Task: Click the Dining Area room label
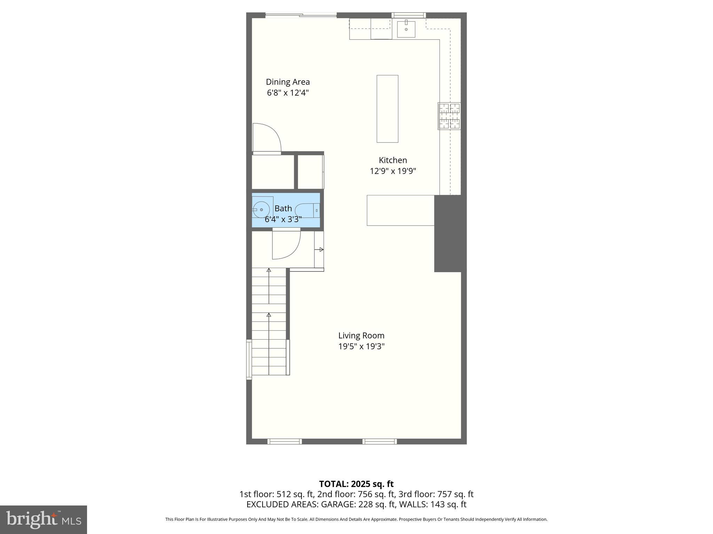point(288,82)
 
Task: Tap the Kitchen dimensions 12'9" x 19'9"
point(393,171)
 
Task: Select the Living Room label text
point(361,335)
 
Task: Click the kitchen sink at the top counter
point(406,29)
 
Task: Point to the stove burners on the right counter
point(449,116)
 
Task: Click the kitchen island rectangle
point(387,109)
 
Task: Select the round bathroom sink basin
point(261,210)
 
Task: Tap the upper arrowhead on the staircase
point(269,270)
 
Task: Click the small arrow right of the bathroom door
point(321,250)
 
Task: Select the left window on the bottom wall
point(284,442)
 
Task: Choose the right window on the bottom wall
point(379,442)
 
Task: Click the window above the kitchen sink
point(409,15)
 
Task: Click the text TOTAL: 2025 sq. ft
point(356,484)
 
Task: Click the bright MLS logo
point(44,519)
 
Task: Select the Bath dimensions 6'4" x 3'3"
point(283,219)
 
